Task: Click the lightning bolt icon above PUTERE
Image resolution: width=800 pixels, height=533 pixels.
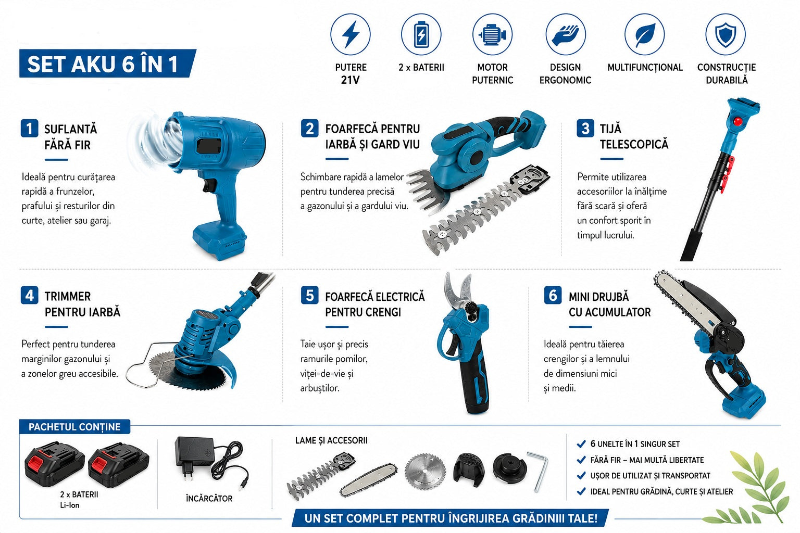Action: tap(351, 34)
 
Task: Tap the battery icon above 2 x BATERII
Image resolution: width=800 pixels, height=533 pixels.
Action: tap(421, 34)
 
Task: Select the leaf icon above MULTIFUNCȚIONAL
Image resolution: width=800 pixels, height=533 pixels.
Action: tap(645, 35)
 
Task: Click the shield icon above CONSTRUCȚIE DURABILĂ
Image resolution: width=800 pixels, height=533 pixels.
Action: tap(726, 35)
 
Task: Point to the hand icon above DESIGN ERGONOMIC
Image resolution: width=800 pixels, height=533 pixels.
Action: tap(565, 35)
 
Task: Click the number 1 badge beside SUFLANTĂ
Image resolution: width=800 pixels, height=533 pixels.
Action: tap(29, 128)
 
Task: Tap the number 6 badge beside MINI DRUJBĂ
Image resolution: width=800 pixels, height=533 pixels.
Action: tap(553, 295)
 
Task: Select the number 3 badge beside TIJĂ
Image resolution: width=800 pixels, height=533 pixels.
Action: tap(585, 128)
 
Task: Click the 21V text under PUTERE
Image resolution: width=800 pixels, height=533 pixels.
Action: tap(350, 80)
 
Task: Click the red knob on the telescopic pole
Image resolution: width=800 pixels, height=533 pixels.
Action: tap(737, 122)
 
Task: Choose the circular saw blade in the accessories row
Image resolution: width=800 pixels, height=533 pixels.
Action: tap(426, 471)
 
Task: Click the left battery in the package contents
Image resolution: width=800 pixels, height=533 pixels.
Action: tap(54, 464)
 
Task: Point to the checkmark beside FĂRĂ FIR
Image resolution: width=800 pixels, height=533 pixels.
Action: tap(581, 460)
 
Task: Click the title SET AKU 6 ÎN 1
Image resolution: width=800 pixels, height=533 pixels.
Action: tap(103, 64)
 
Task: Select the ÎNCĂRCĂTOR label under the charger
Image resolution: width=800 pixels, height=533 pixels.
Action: tap(209, 498)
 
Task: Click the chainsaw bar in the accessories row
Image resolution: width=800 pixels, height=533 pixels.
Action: tap(369, 480)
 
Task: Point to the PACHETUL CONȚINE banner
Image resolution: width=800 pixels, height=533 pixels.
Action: tap(74, 427)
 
